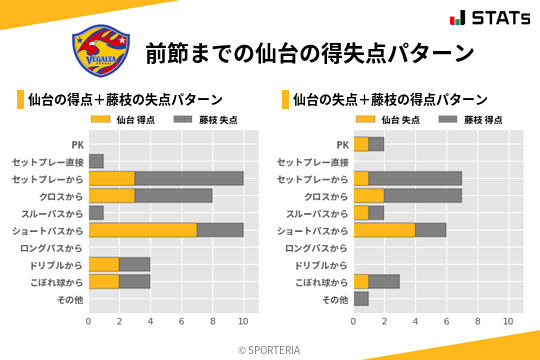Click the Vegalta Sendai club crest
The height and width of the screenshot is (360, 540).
(x=100, y=51)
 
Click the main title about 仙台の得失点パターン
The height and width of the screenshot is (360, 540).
(x=309, y=52)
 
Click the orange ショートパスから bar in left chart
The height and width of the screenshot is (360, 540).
(x=142, y=230)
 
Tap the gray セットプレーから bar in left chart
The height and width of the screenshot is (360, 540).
(x=188, y=178)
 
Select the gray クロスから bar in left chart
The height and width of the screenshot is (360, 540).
(x=173, y=195)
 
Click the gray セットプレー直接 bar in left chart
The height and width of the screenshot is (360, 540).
(x=96, y=161)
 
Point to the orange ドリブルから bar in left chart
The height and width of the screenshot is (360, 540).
(x=104, y=264)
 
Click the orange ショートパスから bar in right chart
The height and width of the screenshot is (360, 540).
(x=384, y=230)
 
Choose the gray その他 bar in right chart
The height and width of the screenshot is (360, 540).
(x=361, y=299)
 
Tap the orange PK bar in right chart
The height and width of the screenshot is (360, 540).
(x=361, y=144)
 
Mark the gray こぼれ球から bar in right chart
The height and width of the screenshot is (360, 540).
(x=384, y=282)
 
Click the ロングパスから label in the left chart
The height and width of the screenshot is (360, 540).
(x=51, y=247)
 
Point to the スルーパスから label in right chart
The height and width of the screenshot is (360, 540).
(x=317, y=213)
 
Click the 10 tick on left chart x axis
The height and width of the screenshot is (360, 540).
(x=243, y=321)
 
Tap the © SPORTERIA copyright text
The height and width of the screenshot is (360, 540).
(x=269, y=350)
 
